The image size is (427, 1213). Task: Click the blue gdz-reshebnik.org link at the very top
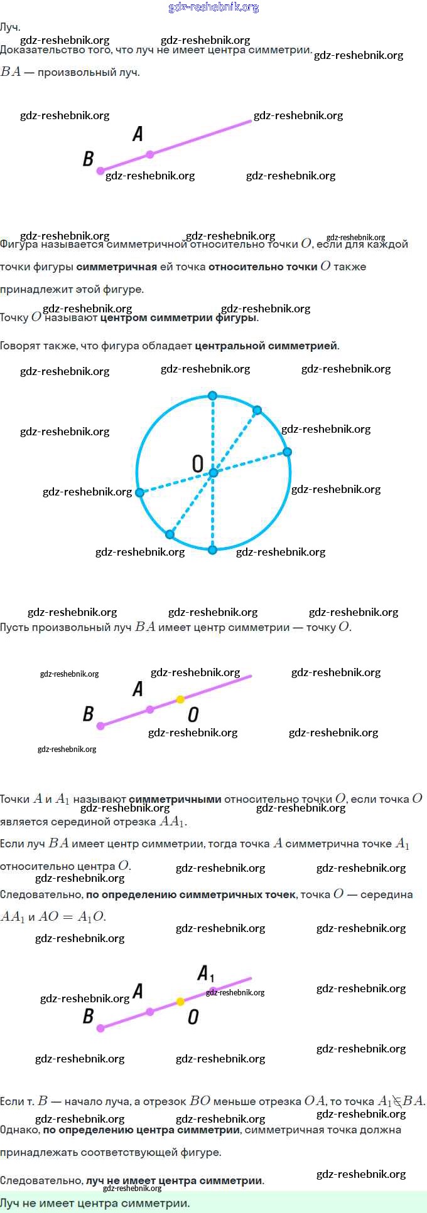(213, 8)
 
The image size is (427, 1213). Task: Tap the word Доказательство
(35, 50)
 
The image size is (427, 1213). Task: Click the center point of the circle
(213, 472)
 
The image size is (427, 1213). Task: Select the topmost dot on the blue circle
(212, 396)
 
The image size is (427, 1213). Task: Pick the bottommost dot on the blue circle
(212, 550)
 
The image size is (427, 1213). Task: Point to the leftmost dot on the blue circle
(140, 493)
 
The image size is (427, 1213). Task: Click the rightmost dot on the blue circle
(287, 452)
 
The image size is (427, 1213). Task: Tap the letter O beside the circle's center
(197, 464)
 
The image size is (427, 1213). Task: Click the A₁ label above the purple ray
(205, 973)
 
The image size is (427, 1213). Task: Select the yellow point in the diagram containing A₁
(180, 1002)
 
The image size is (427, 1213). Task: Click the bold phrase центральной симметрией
(266, 346)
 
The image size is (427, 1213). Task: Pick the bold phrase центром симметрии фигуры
(178, 317)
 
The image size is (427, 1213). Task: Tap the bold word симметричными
(175, 799)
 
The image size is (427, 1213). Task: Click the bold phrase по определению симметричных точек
(190, 894)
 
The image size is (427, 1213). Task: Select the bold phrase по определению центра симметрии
(141, 1130)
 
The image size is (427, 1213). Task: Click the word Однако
(19, 1130)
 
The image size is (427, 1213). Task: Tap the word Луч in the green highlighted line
(11, 1203)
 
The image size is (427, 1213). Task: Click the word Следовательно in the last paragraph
(41, 1180)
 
